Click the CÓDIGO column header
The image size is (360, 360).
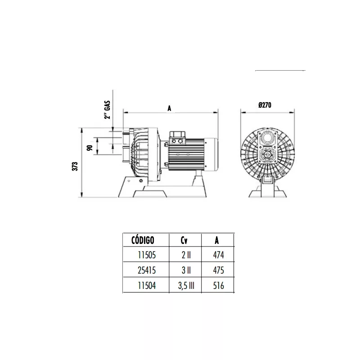click(143, 240)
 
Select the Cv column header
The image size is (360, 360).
click(184, 240)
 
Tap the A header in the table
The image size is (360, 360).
click(217, 240)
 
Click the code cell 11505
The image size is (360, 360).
click(147, 255)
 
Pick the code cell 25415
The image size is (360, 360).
click(147, 270)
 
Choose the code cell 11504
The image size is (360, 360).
click(147, 286)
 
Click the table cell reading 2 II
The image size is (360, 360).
click(186, 255)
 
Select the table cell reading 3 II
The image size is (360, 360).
click(186, 270)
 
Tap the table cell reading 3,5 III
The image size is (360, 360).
click(186, 286)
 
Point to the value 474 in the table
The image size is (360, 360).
click(218, 255)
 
